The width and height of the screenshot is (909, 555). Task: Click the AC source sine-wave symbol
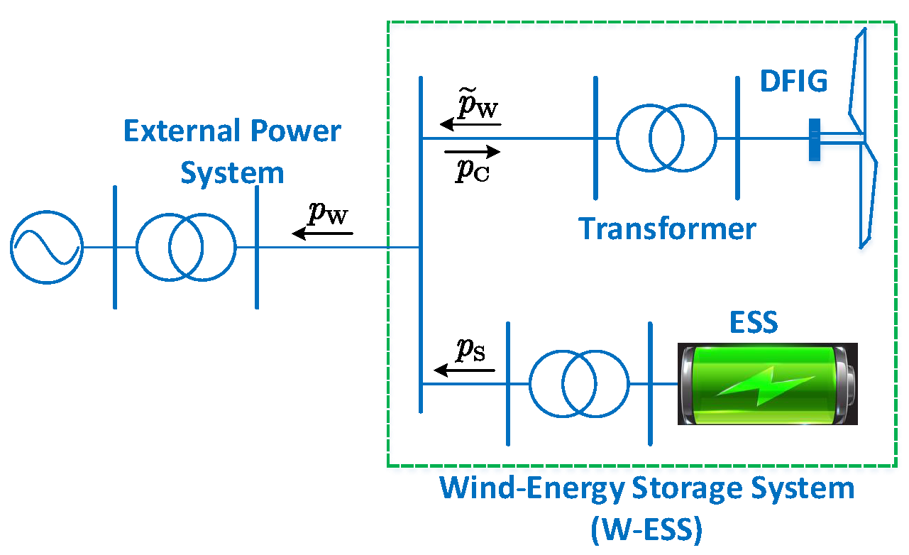pos(47,247)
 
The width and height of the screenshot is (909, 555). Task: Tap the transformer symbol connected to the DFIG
pos(666,138)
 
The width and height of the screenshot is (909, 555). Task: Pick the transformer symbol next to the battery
pos(578,383)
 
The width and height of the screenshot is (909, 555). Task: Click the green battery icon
pos(767,384)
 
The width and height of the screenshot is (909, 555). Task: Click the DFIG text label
pos(793,82)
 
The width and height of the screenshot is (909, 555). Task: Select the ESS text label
pos(754,324)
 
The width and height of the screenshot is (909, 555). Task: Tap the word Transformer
pos(667,229)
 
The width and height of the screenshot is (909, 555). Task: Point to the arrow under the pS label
pos(461,370)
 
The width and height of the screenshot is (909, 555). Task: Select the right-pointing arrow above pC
pos(472,151)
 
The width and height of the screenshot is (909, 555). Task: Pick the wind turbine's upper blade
pos(857,78)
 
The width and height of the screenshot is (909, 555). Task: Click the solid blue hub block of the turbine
pos(814,140)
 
